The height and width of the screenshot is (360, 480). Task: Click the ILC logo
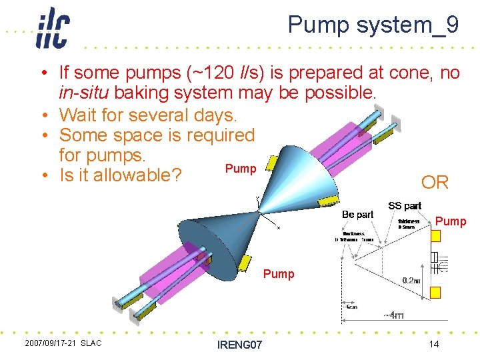coord(53,28)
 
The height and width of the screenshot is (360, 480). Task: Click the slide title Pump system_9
coord(373,25)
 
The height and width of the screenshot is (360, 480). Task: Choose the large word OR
coord(435,182)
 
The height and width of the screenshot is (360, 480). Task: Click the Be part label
coord(357,215)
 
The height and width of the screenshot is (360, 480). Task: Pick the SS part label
coord(404,206)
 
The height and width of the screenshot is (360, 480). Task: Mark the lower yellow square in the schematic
coord(436,292)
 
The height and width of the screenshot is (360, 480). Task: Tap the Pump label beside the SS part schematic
coord(451,221)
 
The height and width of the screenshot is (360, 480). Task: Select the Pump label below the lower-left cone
coord(279,273)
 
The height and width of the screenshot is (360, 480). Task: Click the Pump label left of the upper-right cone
coord(241,169)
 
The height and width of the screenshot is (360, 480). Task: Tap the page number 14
coord(433,344)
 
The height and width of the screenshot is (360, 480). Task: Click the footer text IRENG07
coord(239,345)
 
